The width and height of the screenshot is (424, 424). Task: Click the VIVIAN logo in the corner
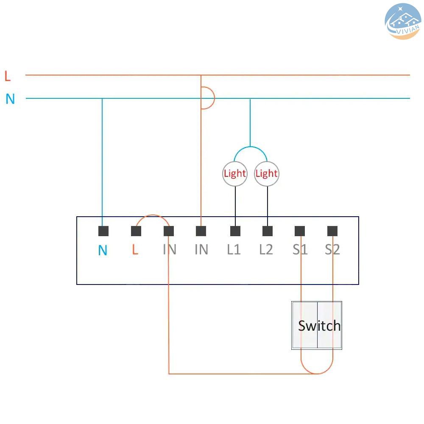pos(403,21)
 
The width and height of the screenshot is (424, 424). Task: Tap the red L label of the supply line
pos(8,76)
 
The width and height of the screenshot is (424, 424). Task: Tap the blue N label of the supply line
pos(10,99)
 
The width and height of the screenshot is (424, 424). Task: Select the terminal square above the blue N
pos(103,231)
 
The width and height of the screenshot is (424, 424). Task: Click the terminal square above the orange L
pos(136,231)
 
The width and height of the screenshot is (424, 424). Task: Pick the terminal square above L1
pos(235,231)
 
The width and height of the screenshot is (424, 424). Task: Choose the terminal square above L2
pos(268,231)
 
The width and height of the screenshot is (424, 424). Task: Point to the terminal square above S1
pos(300,231)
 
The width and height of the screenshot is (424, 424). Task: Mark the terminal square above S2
pos(332,231)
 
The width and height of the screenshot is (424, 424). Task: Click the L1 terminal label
pos(234,249)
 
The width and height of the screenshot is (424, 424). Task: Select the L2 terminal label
pos(266,249)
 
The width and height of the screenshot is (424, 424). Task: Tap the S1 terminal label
pos(300,249)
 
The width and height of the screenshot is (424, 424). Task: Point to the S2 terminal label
pos(332,249)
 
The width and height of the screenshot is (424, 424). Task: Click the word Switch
pos(319,326)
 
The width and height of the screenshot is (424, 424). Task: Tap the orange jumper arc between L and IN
pos(153,215)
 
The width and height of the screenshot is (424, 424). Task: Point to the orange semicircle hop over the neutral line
pos(215,98)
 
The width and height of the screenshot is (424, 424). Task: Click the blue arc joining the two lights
pos(251,147)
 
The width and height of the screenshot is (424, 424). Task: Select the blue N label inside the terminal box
pos(103,250)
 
